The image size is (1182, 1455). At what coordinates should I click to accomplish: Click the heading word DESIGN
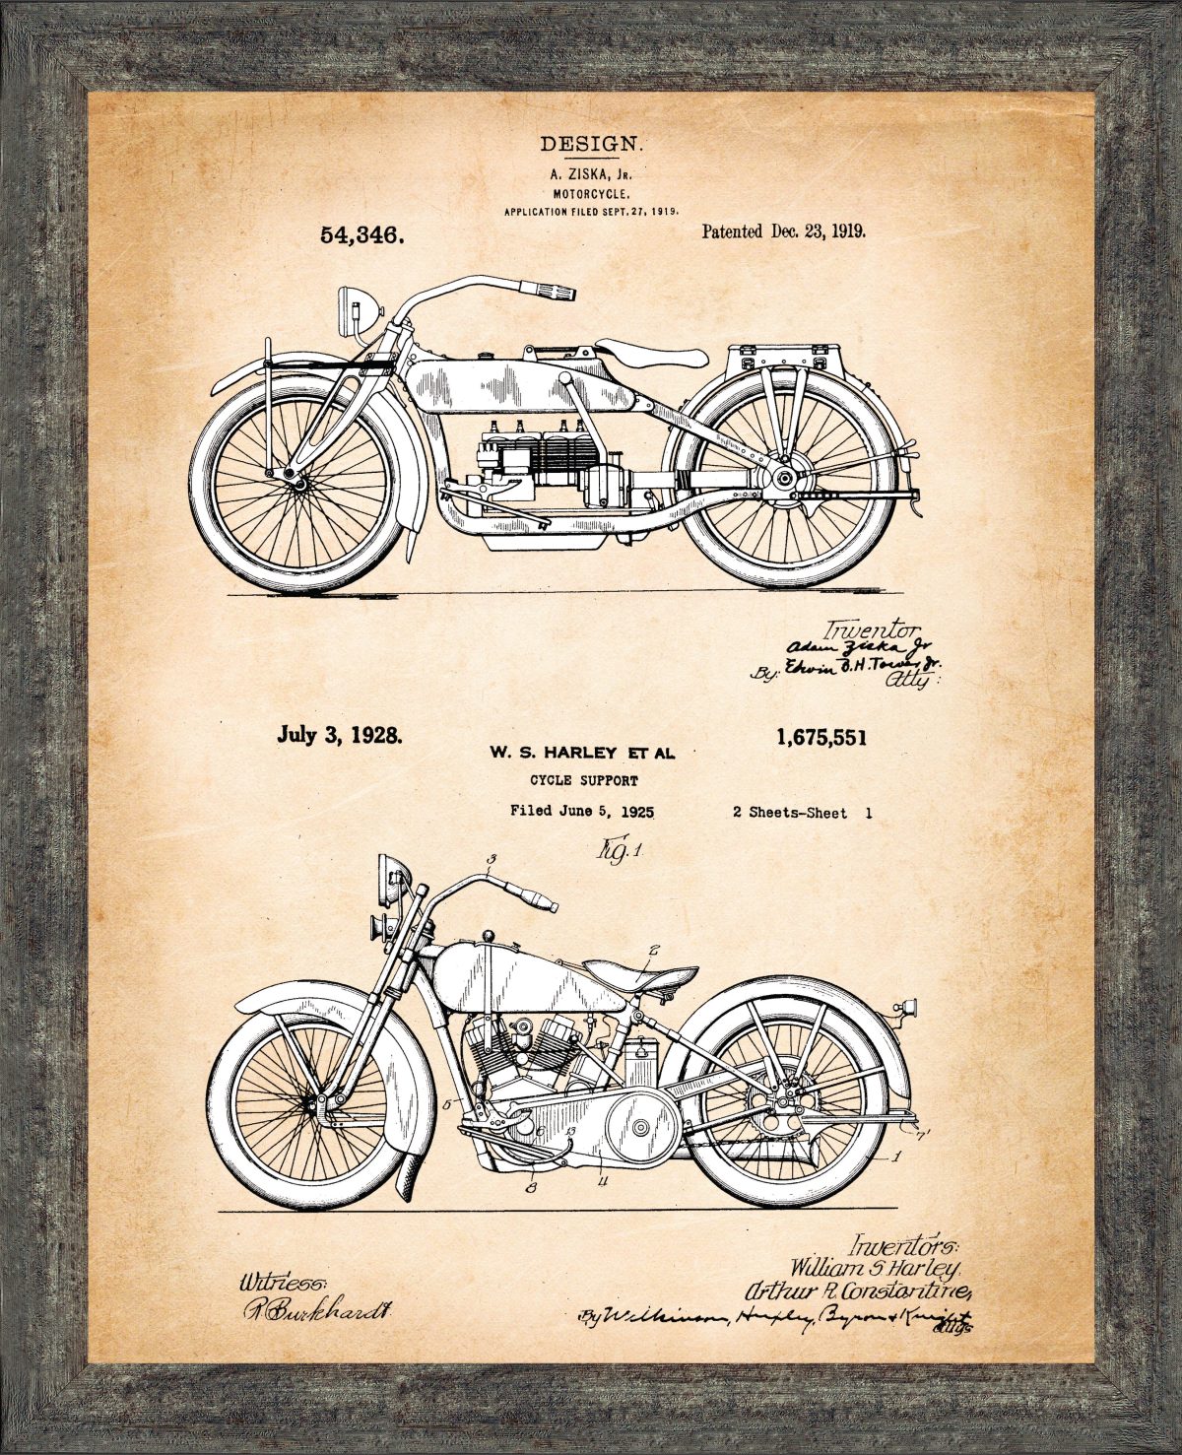click(591, 144)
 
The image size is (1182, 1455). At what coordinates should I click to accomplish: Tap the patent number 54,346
click(361, 236)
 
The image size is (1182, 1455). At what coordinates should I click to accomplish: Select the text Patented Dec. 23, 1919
click(783, 232)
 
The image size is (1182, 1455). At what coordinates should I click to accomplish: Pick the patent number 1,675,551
click(821, 738)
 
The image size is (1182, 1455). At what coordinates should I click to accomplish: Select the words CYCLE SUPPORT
click(584, 781)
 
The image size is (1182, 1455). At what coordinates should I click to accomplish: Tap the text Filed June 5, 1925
click(582, 812)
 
